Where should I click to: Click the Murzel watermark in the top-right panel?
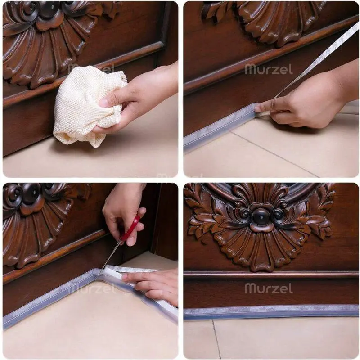pyautogui.click(x=269, y=69)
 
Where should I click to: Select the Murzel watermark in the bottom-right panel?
pyautogui.click(x=269, y=288)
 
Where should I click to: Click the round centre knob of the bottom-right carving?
pyautogui.click(x=261, y=216)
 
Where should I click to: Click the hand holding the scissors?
pyautogui.click(x=125, y=216)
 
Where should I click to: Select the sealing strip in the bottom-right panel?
pyautogui.click(x=271, y=312)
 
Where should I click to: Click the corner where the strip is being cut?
pyautogui.click(x=98, y=274)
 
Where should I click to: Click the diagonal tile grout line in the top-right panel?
pyautogui.click(x=275, y=154)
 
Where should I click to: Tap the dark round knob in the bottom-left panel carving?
pyautogui.click(x=31, y=193)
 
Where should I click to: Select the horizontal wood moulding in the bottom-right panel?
pyautogui.click(x=271, y=274)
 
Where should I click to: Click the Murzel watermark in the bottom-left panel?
pyautogui.click(x=93, y=288)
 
